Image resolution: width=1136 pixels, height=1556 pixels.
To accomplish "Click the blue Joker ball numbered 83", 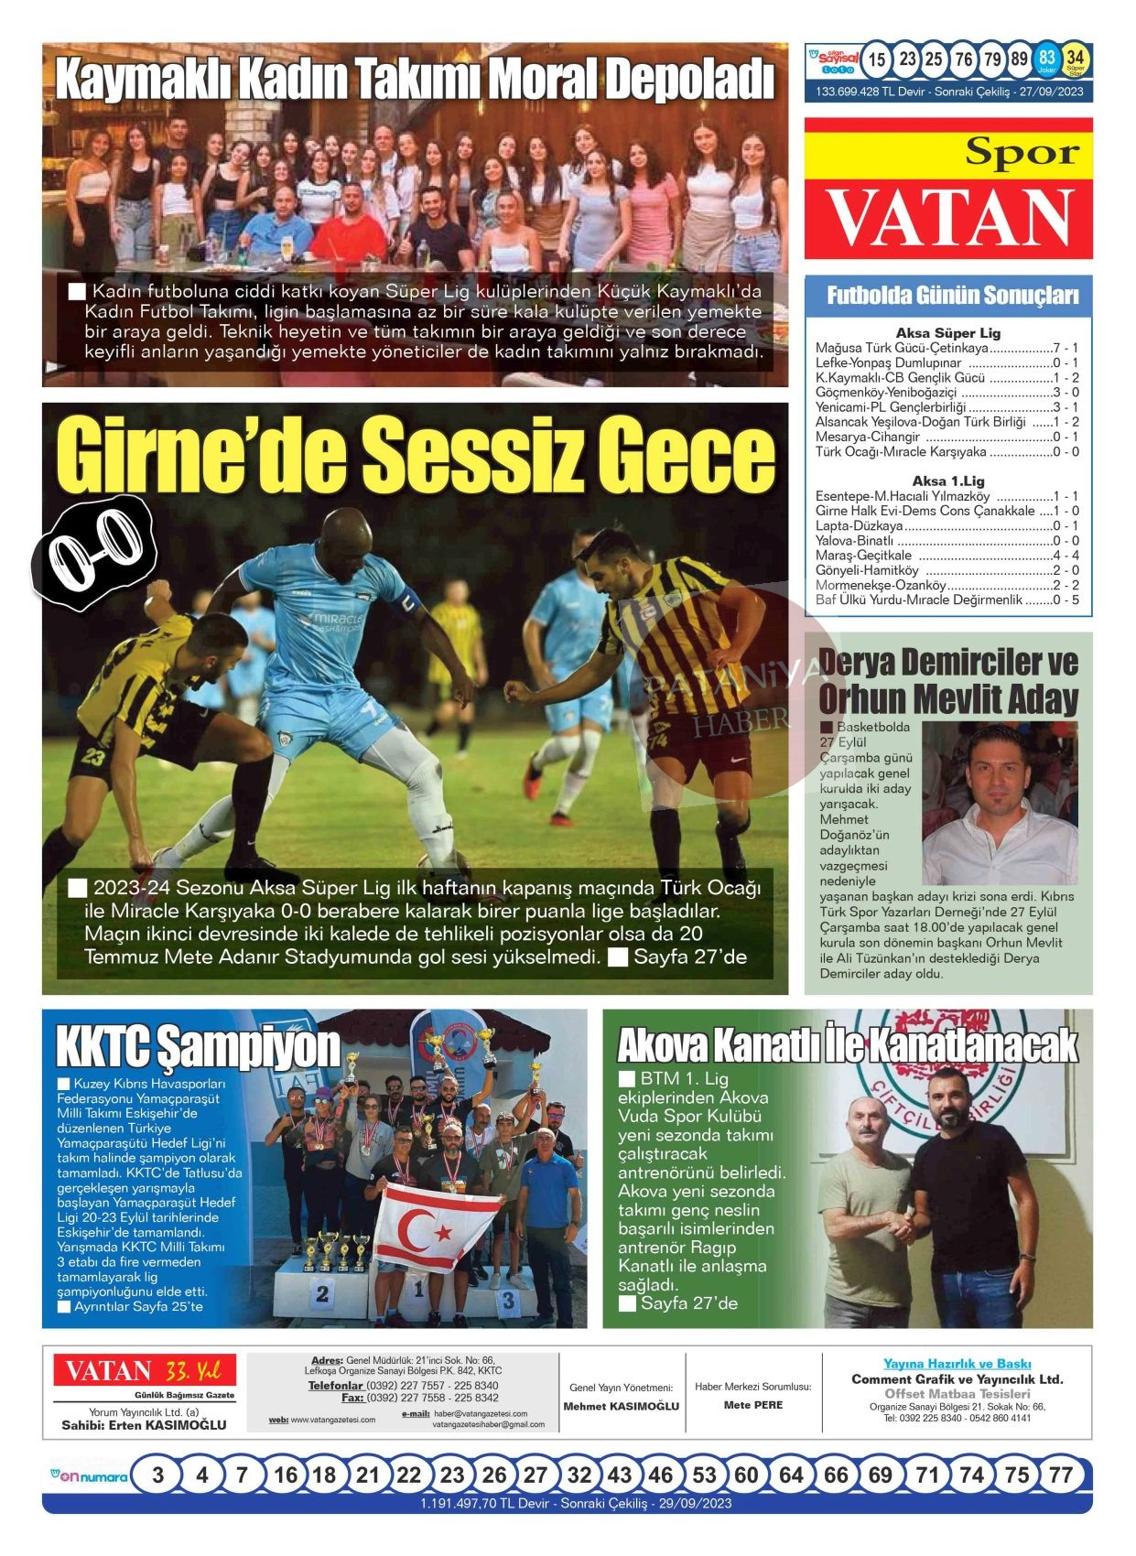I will (1046, 59).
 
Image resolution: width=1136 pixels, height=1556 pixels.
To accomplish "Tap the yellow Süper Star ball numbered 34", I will (1076, 59).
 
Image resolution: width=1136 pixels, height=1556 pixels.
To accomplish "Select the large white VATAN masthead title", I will (948, 218).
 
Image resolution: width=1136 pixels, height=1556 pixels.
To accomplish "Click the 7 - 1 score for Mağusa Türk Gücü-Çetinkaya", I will (1066, 348).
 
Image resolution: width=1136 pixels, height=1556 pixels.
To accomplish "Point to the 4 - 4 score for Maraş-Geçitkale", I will (1066, 556).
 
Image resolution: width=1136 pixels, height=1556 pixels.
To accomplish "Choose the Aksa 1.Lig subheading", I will (948, 481).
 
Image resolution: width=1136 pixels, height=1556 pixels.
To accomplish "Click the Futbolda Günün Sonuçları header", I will (948, 296).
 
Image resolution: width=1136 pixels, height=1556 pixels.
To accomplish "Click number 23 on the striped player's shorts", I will (92, 756).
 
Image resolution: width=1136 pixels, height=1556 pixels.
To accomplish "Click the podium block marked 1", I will (417, 1291).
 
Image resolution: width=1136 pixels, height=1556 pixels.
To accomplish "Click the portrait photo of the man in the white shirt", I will (1000, 803).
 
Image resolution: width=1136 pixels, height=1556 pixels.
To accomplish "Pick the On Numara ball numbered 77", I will (1060, 1475).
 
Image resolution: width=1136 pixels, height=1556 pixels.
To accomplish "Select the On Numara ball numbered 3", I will (158, 1475).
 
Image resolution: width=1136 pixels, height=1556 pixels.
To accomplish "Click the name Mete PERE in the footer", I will (753, 1405).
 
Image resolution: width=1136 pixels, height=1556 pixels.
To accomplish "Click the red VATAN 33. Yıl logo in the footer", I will (144, 1371).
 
